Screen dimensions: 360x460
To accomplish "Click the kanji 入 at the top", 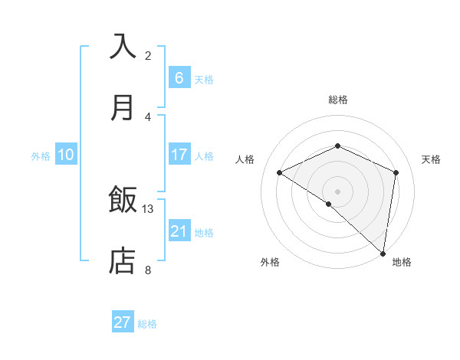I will pyautogui.click(x=123, y=47).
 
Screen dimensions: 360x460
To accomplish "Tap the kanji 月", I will pyautogui.click(x=123, y=107).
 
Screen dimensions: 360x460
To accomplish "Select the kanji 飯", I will pyautogui.click(x=123, y=201).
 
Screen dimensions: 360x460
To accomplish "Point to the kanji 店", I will pyautogui.click(x=123, y=260).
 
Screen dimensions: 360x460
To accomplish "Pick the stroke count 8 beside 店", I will pyautogui.click(x=148, y=270).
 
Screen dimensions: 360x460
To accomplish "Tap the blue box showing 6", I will pyautogui.click(x=179, y=78).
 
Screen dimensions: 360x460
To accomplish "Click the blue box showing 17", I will pyautogui.click(x=179, y=155).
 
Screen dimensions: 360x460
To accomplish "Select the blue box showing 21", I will pyautogui.click(x=179, y=231).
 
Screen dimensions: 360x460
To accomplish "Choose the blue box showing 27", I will pyautogui.click(x=123, y=322).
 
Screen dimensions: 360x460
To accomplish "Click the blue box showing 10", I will pyautogui.click(x=66, y=155).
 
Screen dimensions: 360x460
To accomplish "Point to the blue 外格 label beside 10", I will pyautogui.click(x=41, y=156).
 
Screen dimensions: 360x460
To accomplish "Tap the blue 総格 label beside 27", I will pyautogui.click(x=147, y=324).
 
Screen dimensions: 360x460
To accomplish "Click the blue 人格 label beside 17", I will pyautogui.click(x=204, y=156).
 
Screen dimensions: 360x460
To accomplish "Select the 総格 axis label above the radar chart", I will pyautogui.click(x=337, y=100).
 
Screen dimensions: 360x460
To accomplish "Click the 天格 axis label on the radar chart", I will pyautogui.click(x=431, y=159).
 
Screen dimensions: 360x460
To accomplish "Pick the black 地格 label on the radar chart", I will pyautogui.click(x=402, y=262).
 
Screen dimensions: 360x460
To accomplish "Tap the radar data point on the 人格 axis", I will pyautogui.click(x=280, y=172).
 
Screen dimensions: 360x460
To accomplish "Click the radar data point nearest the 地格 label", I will pyautogui.click(x=383, y=252).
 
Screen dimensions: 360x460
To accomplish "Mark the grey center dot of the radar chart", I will pyautogui.click(x=337, y=191).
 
